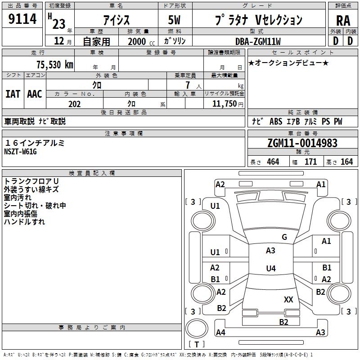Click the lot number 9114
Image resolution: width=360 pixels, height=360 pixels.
pos(22,18)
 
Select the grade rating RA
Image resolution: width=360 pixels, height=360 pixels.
pos(343,21)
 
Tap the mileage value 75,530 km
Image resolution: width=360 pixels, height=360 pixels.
pos(54,64)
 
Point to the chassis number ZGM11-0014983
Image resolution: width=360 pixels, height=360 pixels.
pos(302,143)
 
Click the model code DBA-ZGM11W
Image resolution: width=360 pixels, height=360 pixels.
pos(258,41)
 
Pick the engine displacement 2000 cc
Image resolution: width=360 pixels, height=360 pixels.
pos(141,41)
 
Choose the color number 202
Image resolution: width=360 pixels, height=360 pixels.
pos(74,104)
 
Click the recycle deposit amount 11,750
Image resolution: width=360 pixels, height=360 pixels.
pos(224,104)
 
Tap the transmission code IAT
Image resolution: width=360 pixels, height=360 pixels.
pos(13,94)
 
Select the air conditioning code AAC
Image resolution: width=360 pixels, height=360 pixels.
pos(35,94)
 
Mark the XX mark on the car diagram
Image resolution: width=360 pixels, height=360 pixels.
pos(288,299)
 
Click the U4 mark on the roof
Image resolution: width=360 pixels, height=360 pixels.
pos(271,268)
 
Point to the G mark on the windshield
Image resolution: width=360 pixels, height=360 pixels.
pos(284,237)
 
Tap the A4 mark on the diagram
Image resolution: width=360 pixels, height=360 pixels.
pos(220,332)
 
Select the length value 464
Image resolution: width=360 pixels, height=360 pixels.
pos(273,162)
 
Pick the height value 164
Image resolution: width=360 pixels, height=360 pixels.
pos(346,162)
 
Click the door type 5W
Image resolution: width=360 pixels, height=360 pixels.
pos(174,20)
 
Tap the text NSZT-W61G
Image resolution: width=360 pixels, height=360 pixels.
pos(20,152)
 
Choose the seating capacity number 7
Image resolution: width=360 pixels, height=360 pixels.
pos(188,85)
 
